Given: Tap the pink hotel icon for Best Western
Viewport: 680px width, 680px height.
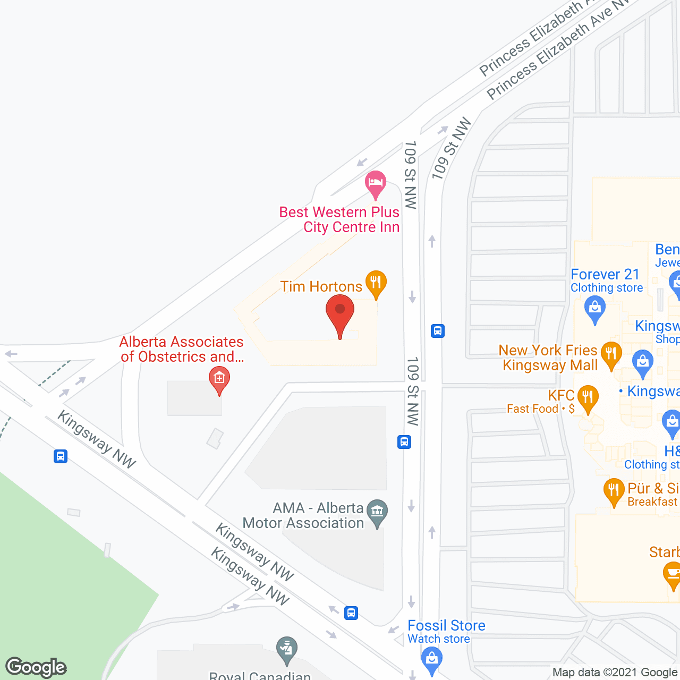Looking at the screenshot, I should pyautogui.click(x=375, y=184).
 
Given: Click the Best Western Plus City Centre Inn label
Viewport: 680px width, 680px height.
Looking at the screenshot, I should pyautogui.click(x=339, y=219).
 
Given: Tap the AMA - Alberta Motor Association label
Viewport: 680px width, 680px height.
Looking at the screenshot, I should pyautogui.click(x=303, y=515).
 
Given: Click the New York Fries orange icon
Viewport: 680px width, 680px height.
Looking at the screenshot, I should pyautogui.click(x=611, y=354).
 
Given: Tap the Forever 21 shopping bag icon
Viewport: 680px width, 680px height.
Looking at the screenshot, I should pyautogui.click(x=594, y=309).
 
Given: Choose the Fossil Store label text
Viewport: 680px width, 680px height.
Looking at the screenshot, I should pyautogui.click(x=446, y=626).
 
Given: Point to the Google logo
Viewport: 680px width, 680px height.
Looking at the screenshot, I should pyautogui.click(x=36, y=667).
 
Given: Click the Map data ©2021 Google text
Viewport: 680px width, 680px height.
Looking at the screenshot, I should pyautogui.click(x=615, y=673).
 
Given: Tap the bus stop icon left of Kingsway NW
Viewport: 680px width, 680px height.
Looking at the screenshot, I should pyautogui.click(x=61, y=456).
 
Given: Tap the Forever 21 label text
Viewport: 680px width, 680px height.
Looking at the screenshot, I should pyautogui.click(x=605, y=275).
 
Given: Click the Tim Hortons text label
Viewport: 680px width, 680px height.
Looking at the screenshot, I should pyautogui.click(x=321, y=287).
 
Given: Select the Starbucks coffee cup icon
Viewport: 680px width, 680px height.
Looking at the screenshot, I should pyautogui.click(x=673, y=575).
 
